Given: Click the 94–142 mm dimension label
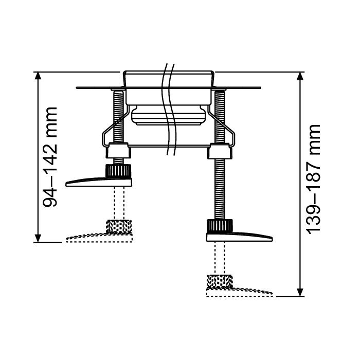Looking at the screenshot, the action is tap(50, 157).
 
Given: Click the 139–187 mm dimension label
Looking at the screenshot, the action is tap(314, 179).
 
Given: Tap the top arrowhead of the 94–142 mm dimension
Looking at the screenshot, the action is tap(38, 76).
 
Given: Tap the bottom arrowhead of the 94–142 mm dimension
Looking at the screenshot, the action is tap(38, 238).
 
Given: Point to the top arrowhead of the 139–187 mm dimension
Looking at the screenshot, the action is tap(300, 76).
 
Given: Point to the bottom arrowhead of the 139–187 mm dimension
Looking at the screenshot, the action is tap(300, 293).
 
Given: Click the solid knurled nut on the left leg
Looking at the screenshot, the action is tap(118, 171).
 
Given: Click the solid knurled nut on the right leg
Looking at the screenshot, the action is tap(220, 225).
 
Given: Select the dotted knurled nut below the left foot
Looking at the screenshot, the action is tap(119, 226).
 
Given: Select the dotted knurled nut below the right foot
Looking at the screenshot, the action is tap(220, 281).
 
